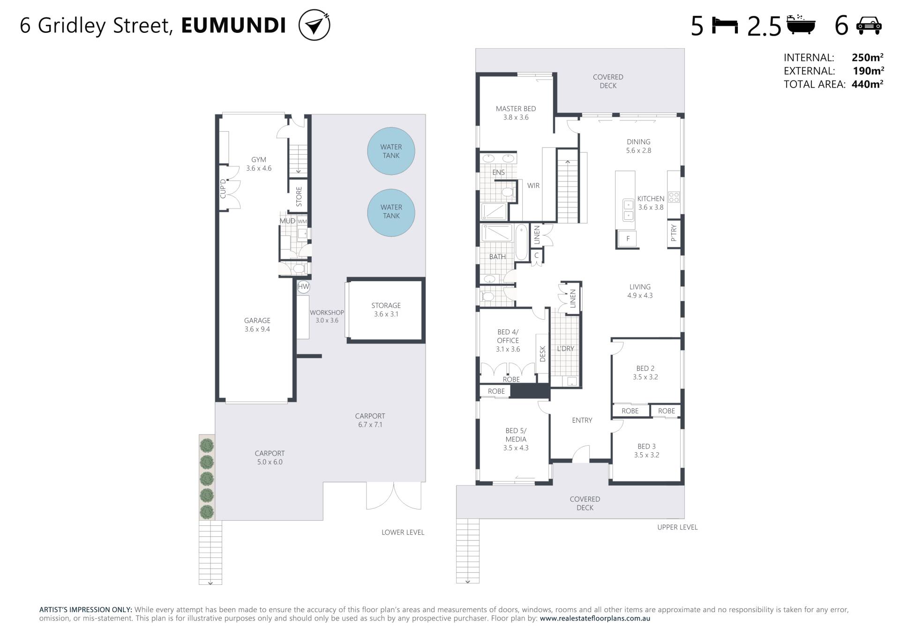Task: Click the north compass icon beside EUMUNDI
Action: (x=314, y=25)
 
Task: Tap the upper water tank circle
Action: (x=391, y=151)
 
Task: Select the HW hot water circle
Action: (x=303, y=287)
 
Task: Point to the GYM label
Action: (x=259, y=160)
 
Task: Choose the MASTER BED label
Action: (x=516, y=109)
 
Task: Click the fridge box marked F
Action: (x=628, y=239)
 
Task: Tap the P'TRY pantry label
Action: (x=674, y=232)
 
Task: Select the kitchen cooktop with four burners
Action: (x=674, y=197)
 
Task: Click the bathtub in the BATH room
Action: (x=521, y=242)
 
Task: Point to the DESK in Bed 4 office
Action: (x=542, y=353)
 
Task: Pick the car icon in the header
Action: (x=869, y=26)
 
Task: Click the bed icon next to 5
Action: (x=725, y=25)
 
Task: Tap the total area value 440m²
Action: (x=867, y=84)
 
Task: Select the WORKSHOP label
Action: (x=327, y=313)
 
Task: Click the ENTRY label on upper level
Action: (x=582, y=420)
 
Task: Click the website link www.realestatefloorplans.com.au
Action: (x=595, y=618)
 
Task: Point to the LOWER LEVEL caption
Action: (x=403, y=532)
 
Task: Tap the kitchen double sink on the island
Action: (x=628, y=210)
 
